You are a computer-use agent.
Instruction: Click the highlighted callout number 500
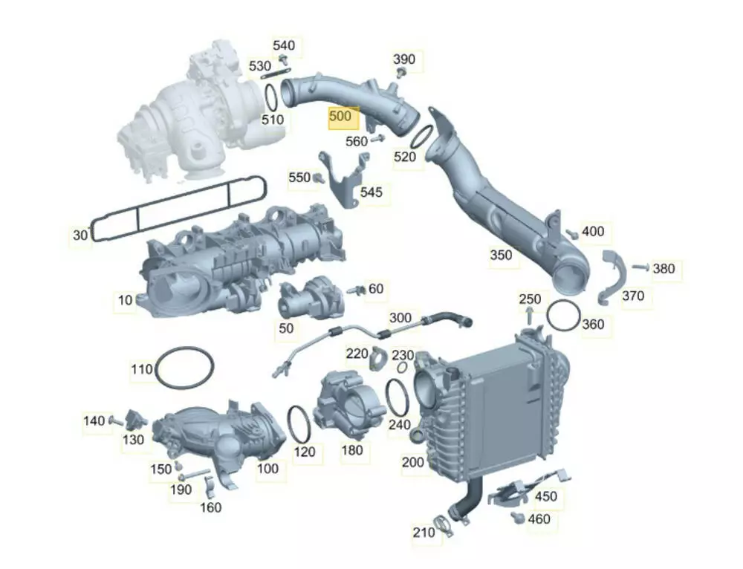[340, 116]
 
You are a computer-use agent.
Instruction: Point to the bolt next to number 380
[640, 267]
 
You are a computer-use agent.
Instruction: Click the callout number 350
[501, 255]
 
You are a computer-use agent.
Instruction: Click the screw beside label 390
[402, 73]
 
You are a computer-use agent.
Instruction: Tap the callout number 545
[371, 192]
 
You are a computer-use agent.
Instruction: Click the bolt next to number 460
[517, 517]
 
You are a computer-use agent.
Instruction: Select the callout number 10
[125, 300]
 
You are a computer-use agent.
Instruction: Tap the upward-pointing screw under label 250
[530, 315]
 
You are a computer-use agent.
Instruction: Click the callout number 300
[400, 317]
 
